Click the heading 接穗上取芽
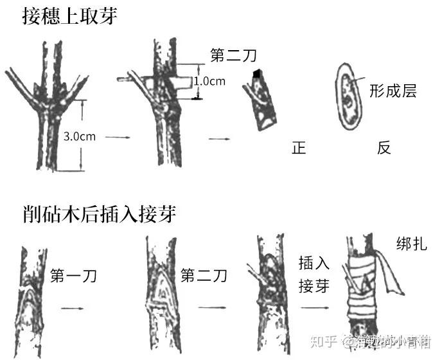coord(62,15)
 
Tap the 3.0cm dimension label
coord(80,136)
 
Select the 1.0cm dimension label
coord(209,82)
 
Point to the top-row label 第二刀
coord(233,56)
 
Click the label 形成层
coord(393,91)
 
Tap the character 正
coord(298,148)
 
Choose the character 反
coord(384,148)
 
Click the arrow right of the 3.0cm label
coord(117,137)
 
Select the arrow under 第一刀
coord(73,308)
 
